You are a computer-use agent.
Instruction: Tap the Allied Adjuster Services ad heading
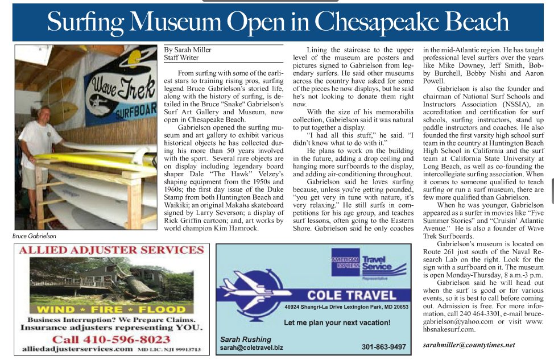point(109,250)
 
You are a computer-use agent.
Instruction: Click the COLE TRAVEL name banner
point(352,295)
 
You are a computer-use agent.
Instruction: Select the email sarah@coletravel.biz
point(251,347)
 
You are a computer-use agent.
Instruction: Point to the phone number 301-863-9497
point(384,347)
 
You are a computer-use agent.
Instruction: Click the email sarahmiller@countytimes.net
point(469,345)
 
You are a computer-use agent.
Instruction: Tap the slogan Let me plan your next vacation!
point(337,323)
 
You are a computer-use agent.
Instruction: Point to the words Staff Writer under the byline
point(181,57)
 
